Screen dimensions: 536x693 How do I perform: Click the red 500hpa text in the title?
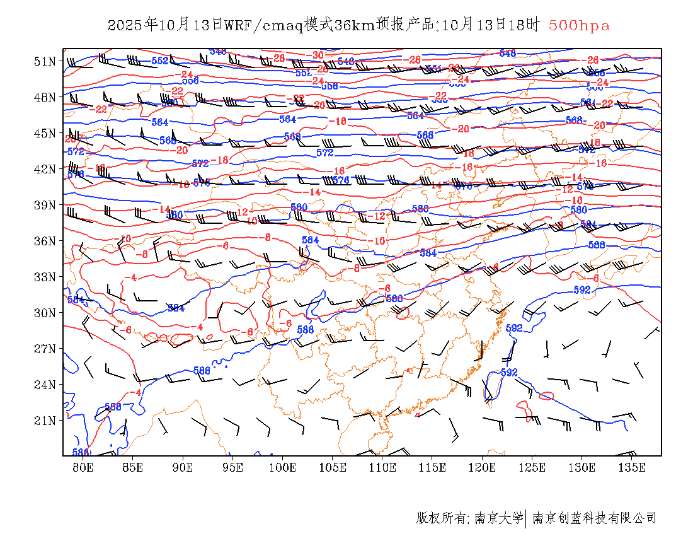pyautogui.click(x=579, y=26)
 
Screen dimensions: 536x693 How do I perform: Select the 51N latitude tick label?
pyautogui.click(x=45, y=61)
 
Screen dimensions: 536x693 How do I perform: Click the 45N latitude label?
pyautogui.click(x=45, y=133)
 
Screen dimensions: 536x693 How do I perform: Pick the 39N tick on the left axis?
pyautogui.click(x=45, y=205)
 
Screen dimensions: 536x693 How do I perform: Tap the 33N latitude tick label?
pyautogui.click(x=45, y=277)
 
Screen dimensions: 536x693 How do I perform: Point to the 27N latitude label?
pyautogui.click(x=45, y=348)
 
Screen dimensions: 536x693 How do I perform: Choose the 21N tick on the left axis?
pyautogui.click(x=45, y=420)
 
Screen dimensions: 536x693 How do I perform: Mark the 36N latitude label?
pyautogui.click(x=45, y=241)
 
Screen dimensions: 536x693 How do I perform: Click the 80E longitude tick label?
pyautogui.click(x=83, y=467)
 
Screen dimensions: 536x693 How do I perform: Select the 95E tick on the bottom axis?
pyautogui.click(x=233, y=467)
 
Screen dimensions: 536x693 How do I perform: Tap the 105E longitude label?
pyautogui.click(x=333, y=467)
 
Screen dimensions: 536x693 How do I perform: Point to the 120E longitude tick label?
pyautogui.click(x=483, y=467)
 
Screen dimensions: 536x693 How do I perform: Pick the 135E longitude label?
pyautogui.click(x=632, y=467)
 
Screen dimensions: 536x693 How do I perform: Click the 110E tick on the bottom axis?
pyautogui.click(x=382, y=467)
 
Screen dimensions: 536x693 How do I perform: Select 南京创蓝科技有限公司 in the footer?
pyautogui.click(x=595, y=518)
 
